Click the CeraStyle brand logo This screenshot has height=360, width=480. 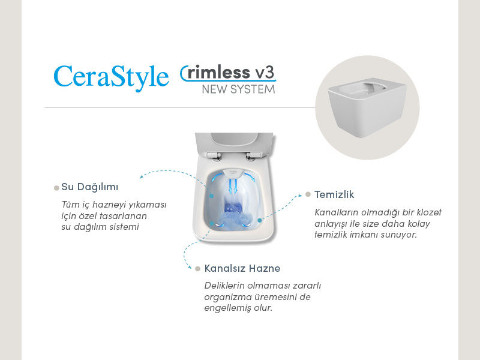(x=111, y=77)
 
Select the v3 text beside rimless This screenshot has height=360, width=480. (x=265, y=73)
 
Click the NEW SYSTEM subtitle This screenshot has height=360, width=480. (x=238, y=89)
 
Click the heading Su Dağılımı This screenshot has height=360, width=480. (x=90, y=187)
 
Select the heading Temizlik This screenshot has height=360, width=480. (x=334, y=194)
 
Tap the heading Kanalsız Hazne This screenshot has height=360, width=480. (x=242, y=268)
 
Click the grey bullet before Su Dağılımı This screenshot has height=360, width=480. (x=56, y=188)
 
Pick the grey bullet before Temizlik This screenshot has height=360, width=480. (x=308, y=194)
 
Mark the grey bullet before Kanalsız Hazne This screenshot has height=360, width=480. (x=197, y=268)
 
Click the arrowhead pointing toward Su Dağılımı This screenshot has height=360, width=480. (x=142, y=177)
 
